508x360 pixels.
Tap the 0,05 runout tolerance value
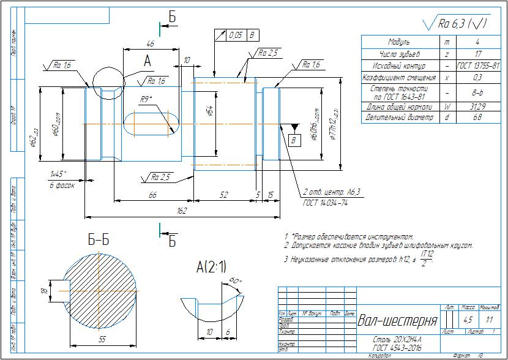coord(236,35)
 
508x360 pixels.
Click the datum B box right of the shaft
coord(294,140)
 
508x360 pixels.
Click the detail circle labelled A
coord(108,82)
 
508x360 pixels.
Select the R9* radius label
coord(146,99)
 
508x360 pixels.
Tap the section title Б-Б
coord(99,241)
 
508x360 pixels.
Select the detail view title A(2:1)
coord(211,266)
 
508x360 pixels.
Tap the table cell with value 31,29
coord(477,106)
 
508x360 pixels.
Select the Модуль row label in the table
coord(401,42)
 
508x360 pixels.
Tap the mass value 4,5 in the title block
coord(468,320)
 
